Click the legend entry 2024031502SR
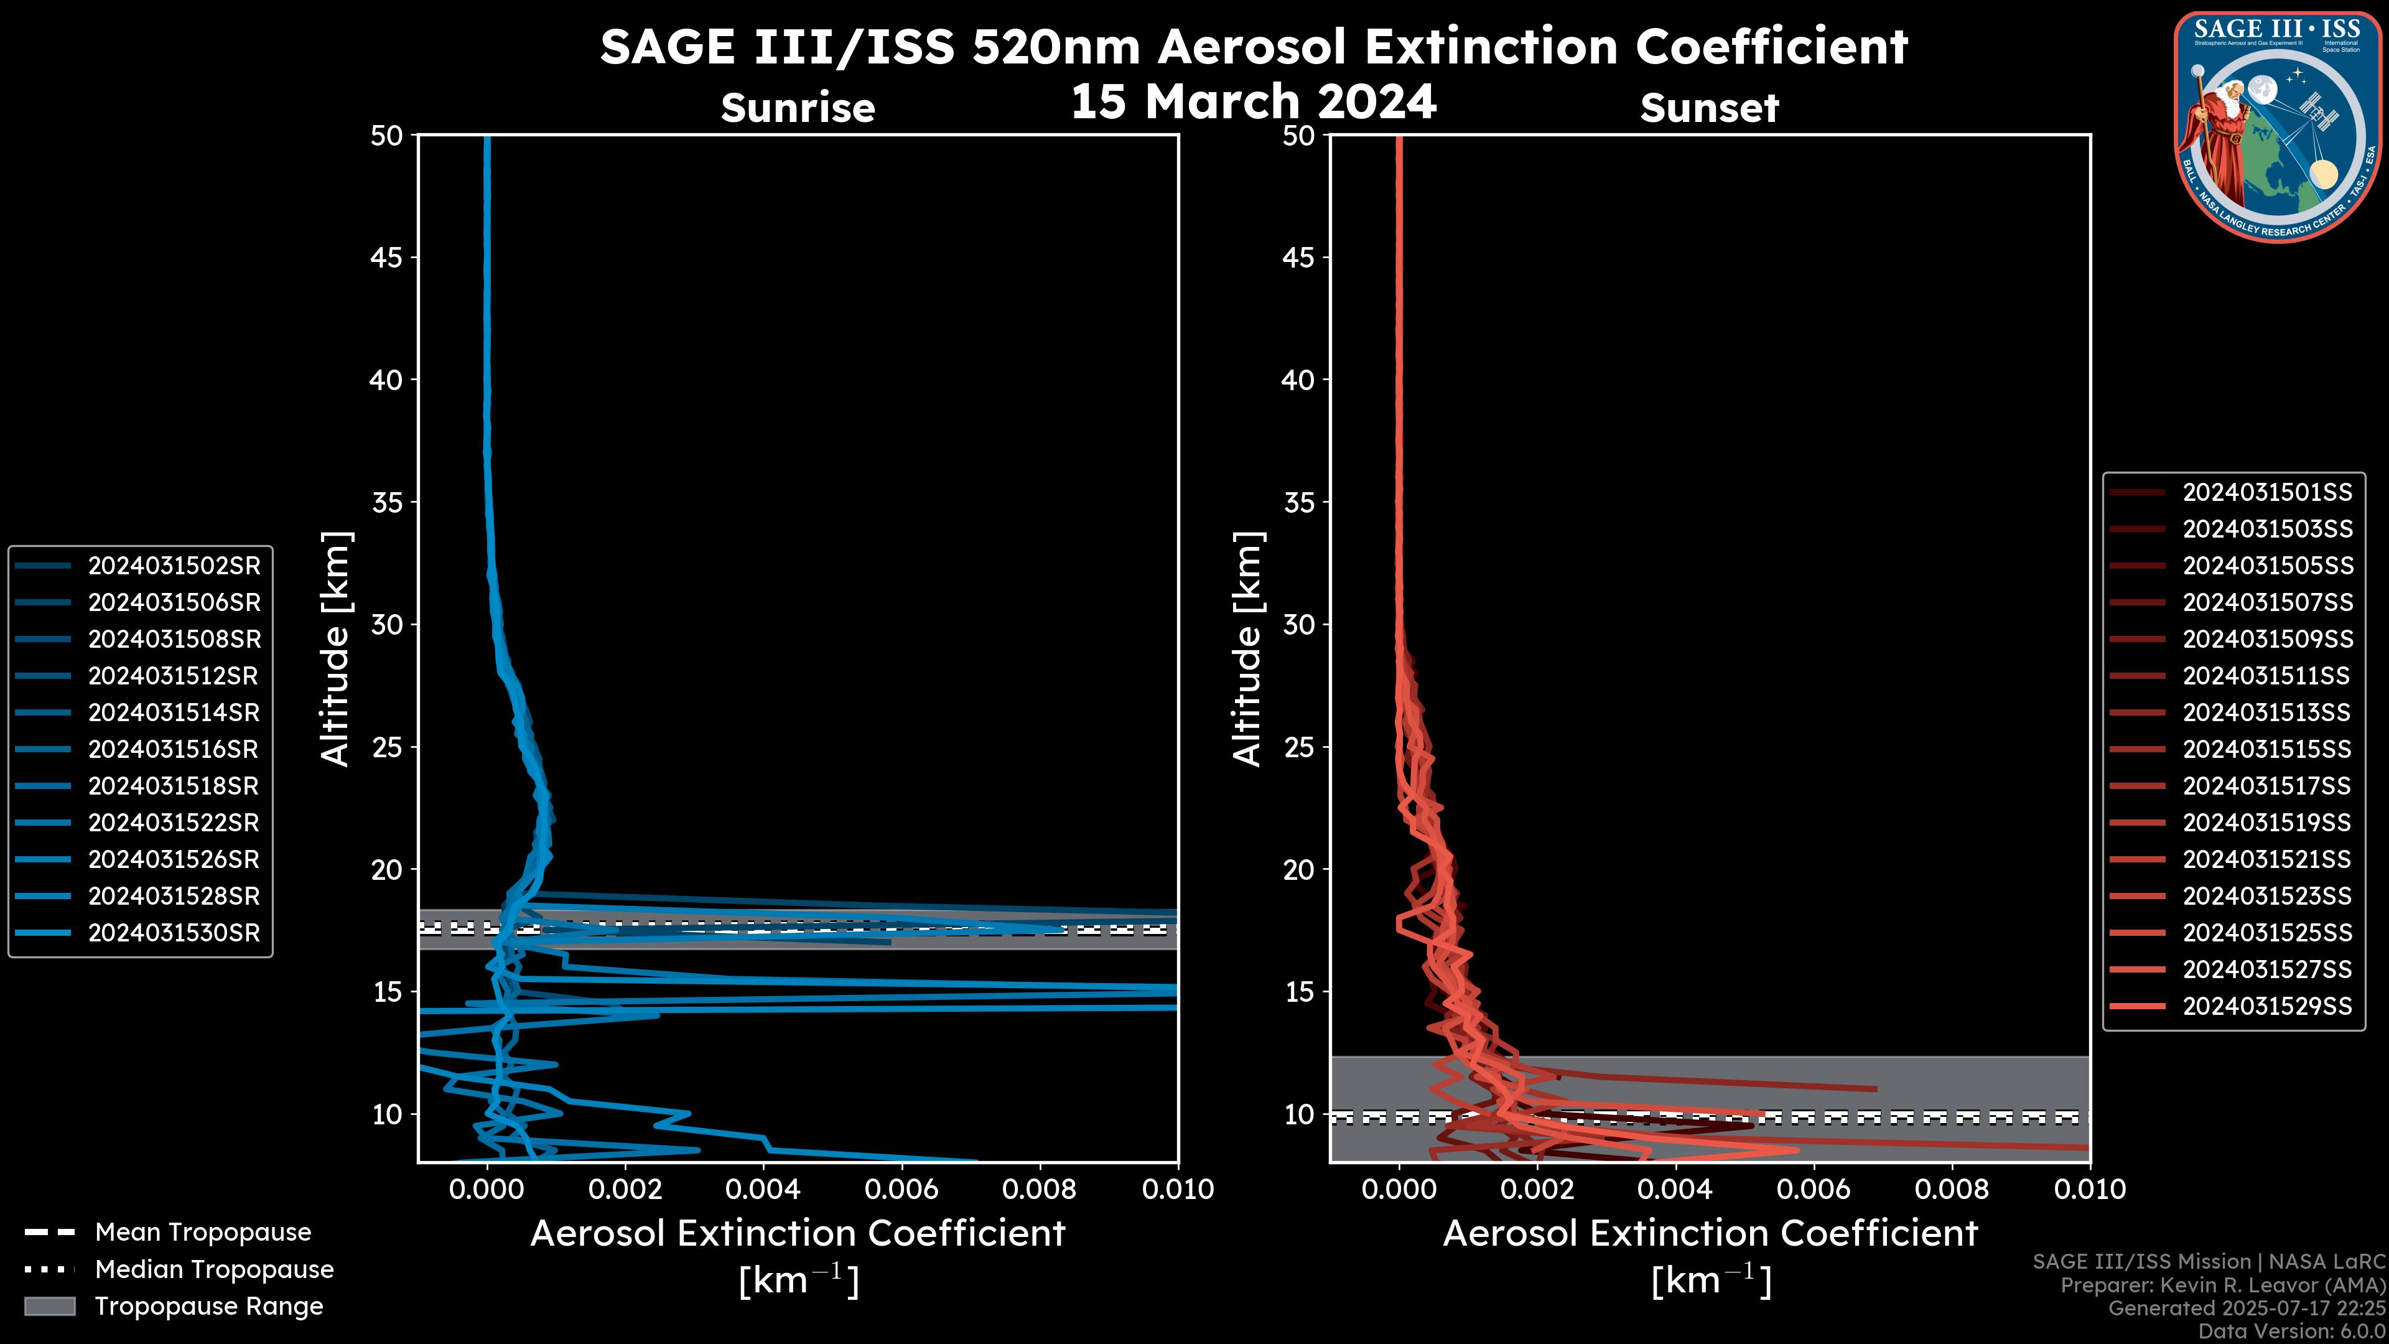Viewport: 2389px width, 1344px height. [x=174, y=566]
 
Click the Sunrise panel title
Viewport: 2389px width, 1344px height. [x=798, y=108]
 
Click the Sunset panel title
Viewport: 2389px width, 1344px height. [x=1709, y=108]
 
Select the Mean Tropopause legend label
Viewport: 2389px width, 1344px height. [x=203, y=1233]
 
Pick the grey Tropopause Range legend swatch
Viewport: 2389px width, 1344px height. [x=50, y=1307]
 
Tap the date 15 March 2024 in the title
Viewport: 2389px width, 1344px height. [x=1253, y=101]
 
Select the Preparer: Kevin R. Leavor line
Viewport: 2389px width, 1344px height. [x=2222, y=1286]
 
